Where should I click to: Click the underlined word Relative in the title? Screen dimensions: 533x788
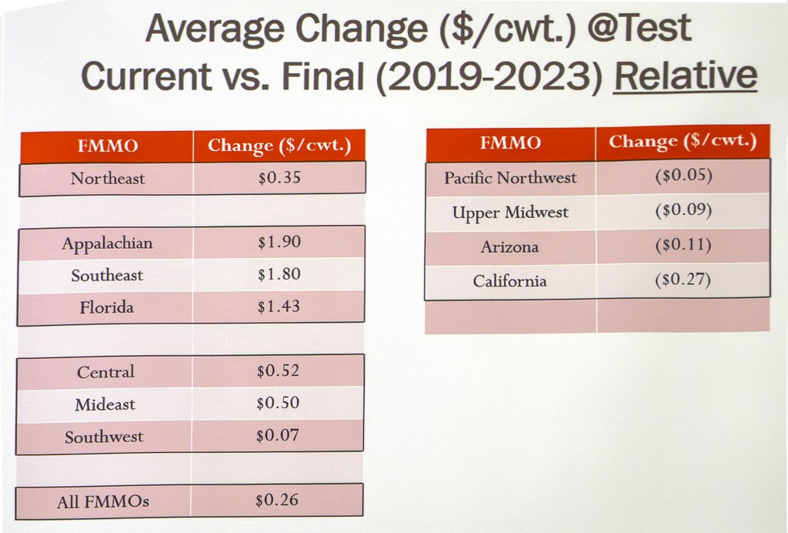(685, 75)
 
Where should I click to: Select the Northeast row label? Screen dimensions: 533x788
(107, 179)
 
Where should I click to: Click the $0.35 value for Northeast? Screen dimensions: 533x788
(279, 178)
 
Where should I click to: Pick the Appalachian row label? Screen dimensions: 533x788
(107, 243)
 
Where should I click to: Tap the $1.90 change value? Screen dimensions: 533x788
(279, 243)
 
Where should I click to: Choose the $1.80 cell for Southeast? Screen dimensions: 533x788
(279, 274)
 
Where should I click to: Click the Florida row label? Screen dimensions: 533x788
(106, 307)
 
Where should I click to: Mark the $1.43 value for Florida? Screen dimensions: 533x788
(279, 307)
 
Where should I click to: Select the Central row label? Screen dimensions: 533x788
(105, 372)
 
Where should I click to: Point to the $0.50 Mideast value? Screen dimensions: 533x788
(278, 404)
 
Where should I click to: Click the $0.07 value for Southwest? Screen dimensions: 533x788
(278, 436)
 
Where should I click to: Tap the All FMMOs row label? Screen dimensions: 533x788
(103, 502)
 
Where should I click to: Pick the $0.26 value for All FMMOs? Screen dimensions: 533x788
(277, 501)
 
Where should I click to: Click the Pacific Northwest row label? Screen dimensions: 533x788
(510, 178)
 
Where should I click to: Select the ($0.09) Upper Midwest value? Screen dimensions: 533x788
(683, 210)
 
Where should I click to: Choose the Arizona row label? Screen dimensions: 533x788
(509, 247)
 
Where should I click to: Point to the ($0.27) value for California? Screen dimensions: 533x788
(683, 280)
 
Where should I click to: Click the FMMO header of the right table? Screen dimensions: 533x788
(510, 142)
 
